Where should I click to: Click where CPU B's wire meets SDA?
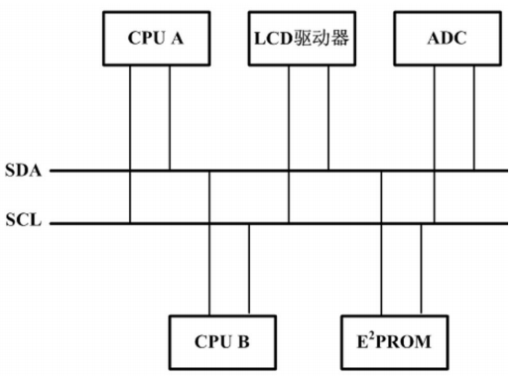pyautogui.click(x=209, y=171)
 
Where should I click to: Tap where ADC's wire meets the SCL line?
pyautogui.click(x=435, y=223)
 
